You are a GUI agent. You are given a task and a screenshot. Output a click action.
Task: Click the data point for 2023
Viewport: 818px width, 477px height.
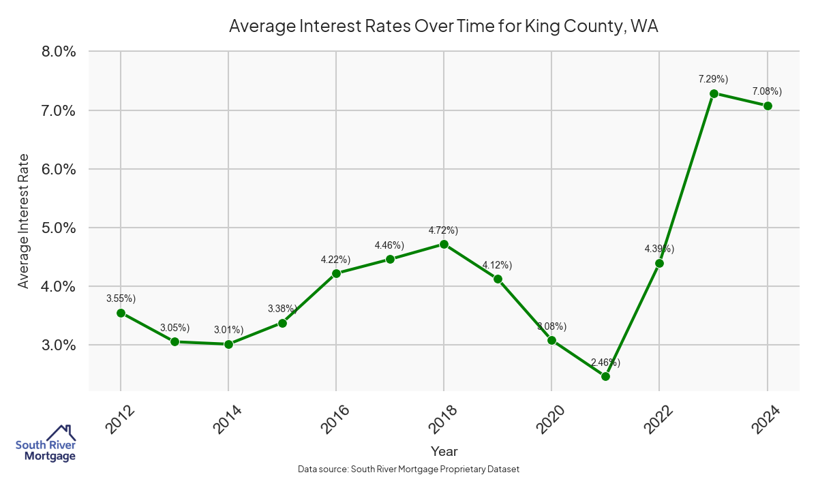pos(714,93)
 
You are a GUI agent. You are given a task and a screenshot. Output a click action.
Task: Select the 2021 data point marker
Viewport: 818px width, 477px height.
pos(605,376)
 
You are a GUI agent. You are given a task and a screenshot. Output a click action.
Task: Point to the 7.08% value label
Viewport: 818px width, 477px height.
pos(767,91)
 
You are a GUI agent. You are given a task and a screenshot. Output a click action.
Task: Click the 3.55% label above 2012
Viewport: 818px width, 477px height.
pos(121,298)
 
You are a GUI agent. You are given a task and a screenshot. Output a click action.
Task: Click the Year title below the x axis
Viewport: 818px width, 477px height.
pos(444,451)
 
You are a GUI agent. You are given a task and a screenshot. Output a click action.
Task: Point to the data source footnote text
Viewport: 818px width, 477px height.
pos(409,469)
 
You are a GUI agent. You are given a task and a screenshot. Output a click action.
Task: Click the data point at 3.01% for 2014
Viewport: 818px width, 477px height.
pos(228,344)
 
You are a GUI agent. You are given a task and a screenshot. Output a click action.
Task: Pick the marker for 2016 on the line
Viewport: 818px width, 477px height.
pos(336,273)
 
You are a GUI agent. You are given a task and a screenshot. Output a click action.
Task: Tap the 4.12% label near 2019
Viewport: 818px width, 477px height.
pos(497,265)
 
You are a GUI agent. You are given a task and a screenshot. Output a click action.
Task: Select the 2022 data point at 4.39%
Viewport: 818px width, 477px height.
pos(659,263)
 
